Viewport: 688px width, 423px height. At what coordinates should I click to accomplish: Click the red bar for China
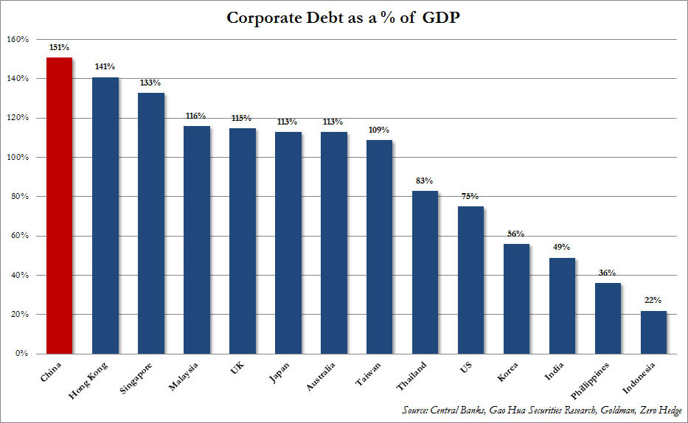[x=58, y=206]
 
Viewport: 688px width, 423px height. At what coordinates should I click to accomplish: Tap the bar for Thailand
[x=425, y=272]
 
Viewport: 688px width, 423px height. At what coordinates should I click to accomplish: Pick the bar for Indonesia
[x=653, y=332]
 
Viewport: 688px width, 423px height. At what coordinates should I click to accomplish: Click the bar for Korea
[x=516, y=298]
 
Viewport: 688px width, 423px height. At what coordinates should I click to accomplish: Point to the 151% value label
[x=60, y=48]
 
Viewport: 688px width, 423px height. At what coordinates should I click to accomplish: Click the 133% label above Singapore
[x=151, y=83]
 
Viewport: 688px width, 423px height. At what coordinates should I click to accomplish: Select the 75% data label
[x=470, y=197]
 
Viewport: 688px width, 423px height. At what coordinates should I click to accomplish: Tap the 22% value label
[x=653, y=301]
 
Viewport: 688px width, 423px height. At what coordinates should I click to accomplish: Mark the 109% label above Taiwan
[x=380, y=130]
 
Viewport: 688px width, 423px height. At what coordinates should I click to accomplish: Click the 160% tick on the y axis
[x=18, y=39]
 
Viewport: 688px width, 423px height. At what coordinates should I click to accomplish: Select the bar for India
[x=562, y=306]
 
